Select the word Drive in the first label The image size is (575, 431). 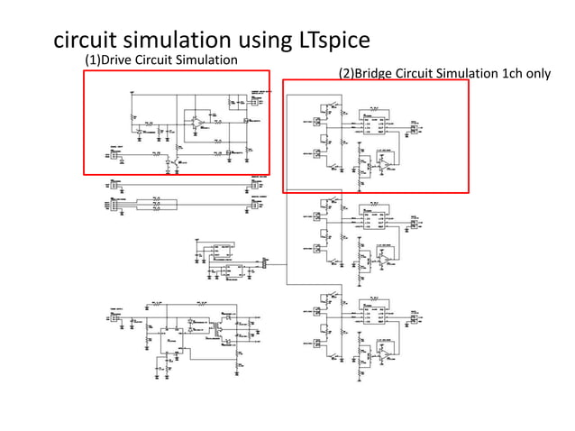click(123, 60)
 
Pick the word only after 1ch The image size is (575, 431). click(537, 73)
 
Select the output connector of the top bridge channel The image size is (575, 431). click(415, 128)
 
